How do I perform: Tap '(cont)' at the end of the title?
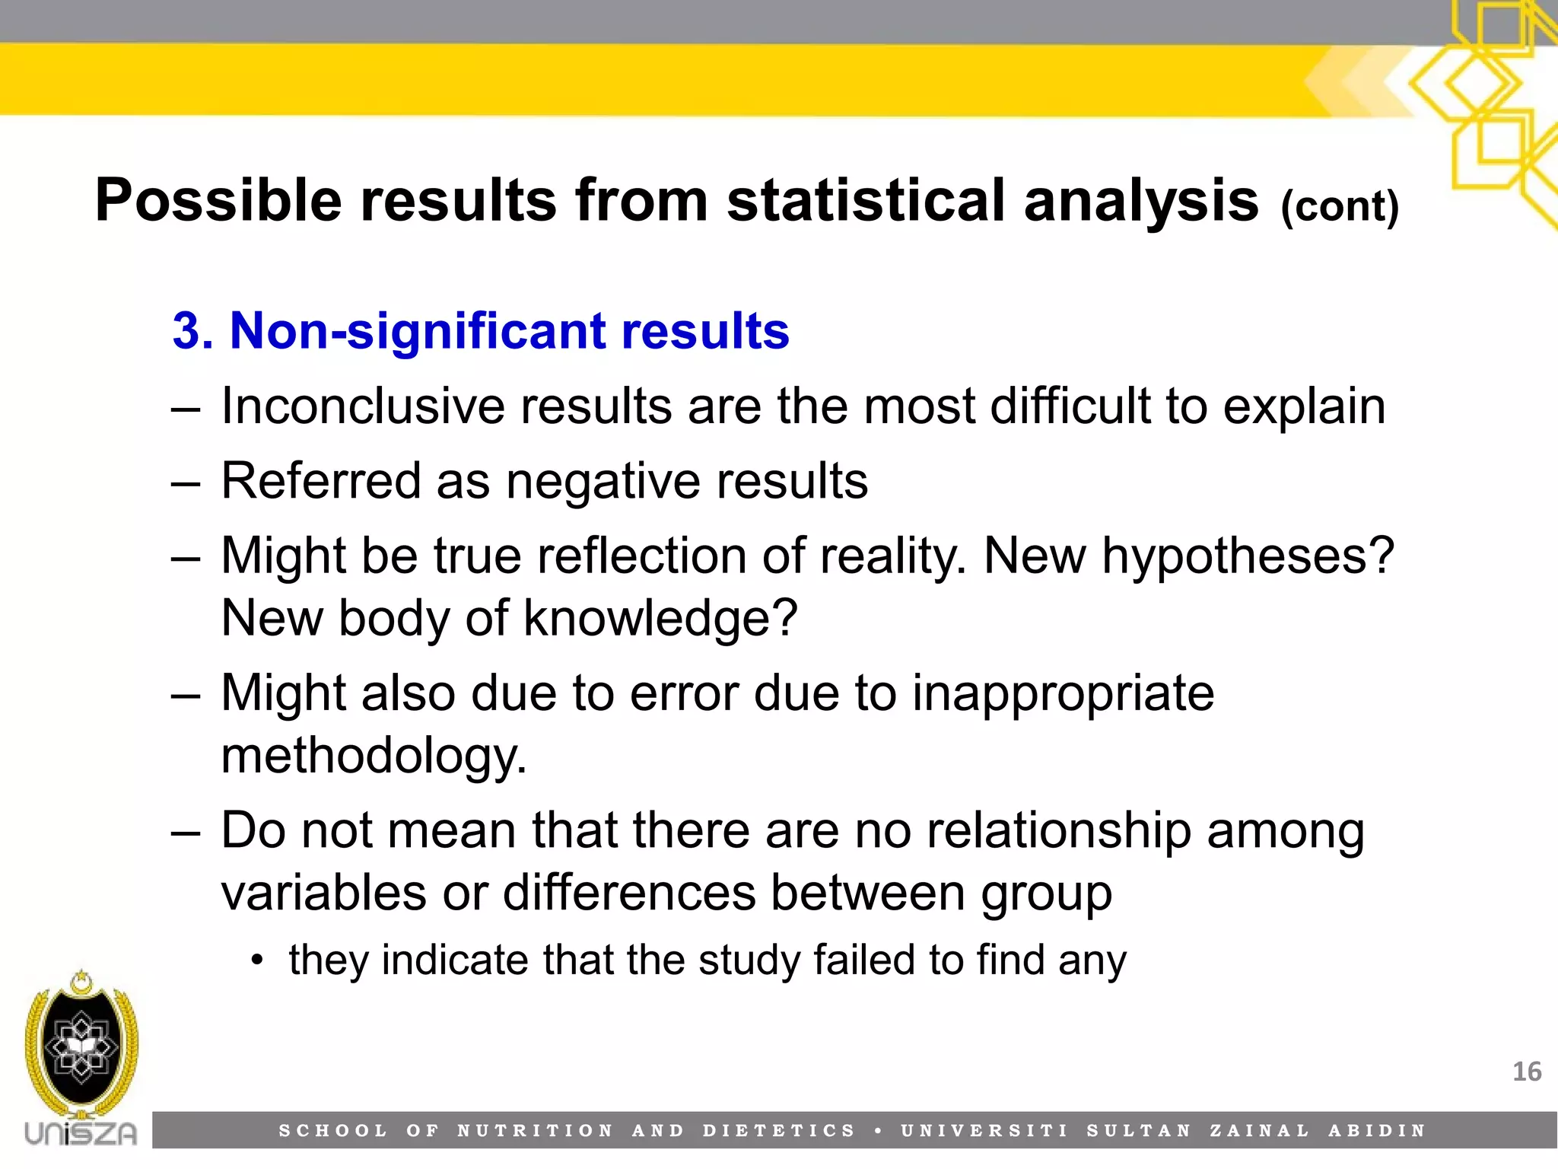click(1340, 205)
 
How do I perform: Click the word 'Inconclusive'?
click(362, 406)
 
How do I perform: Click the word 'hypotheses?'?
click(1248, 556)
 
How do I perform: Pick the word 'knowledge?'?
click(660, 618)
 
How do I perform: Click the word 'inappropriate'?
click(1063, 693)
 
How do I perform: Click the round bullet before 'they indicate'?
click(258, 960)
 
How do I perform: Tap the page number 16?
click(1526, 1072)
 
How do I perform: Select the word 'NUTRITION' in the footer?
click(535, 1131)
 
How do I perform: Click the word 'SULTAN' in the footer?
click(1139, 1131)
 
